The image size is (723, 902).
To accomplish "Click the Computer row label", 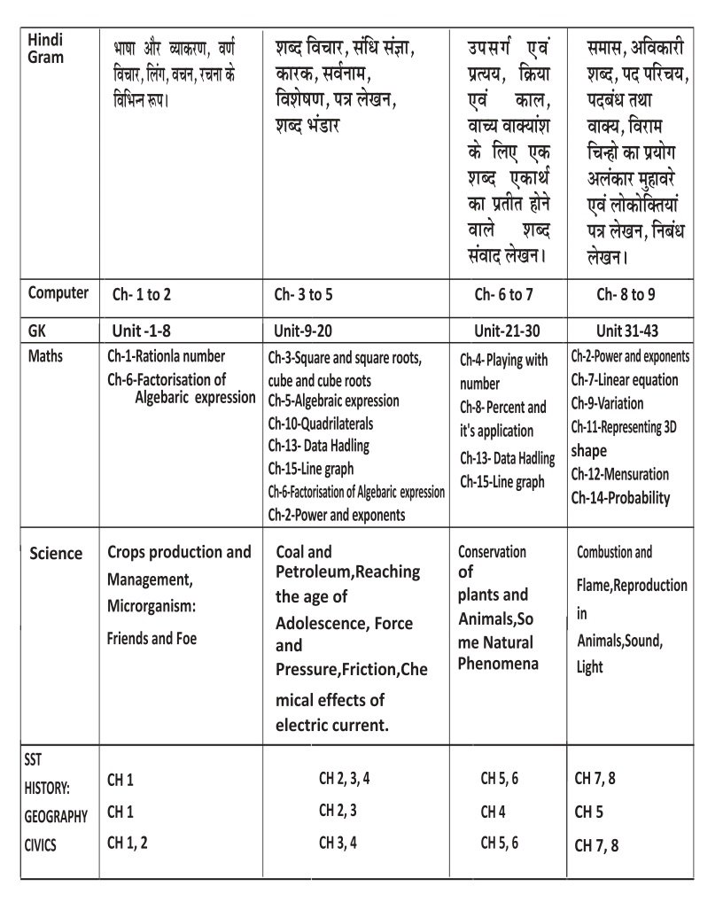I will coord(58,293).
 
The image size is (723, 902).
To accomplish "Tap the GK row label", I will coord(37,330).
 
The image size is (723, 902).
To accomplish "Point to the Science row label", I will coord(56,554).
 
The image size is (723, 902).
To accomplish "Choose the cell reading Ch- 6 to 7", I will coord(504,295).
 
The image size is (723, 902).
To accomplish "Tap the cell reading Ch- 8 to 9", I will coord(626,295).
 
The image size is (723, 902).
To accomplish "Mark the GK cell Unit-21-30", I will coord(506,330).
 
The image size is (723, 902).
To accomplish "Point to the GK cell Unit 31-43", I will coord(627,330).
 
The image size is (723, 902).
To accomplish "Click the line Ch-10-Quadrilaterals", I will coord(321,424).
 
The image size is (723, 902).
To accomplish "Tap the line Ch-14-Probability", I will coord(620,498).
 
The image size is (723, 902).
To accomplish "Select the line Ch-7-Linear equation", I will coord(625,380).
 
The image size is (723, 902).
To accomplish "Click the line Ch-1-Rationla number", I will coord(166,356).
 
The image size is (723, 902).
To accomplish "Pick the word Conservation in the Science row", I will coord(492,552).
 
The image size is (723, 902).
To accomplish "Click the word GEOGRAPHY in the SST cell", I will coord(56,817).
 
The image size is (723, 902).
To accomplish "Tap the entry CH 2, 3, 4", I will coord(344,780).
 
